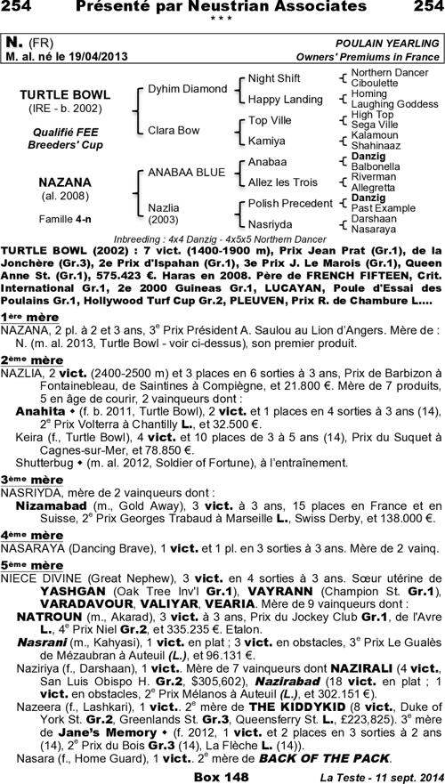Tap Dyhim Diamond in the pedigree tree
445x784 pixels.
[187, 89]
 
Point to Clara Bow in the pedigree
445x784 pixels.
[174, 130]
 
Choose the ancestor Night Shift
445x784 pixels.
[274, 78]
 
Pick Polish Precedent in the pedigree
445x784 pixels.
[290, 204]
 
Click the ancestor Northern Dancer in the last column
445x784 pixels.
[387, 71]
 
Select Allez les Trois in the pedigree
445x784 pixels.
[282, 182]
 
